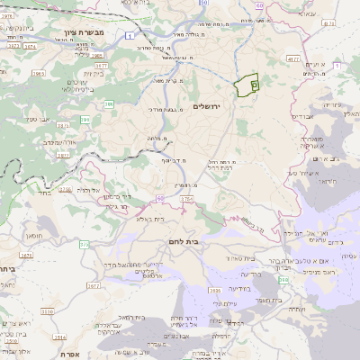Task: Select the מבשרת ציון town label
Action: click(x=80, y=32)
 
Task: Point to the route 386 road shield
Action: click(x=109, y=105)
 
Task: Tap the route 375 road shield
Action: click(x=84, y=244)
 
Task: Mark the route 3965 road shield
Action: click(x=39, y=74)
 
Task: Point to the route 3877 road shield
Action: click(x=64, y=154)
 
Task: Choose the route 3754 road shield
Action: click(x=187, y=198)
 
